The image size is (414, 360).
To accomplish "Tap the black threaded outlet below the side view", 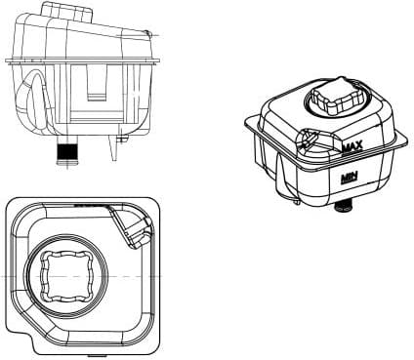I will tap(66, 152).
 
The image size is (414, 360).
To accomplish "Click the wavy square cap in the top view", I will tap(69, 274).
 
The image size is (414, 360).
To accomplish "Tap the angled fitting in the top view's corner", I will tap(129, 228).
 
